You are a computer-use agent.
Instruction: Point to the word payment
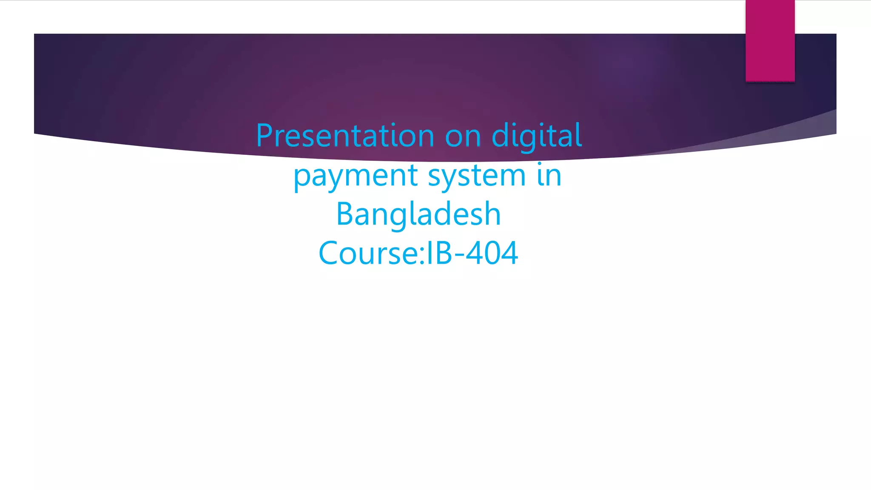[356, 176]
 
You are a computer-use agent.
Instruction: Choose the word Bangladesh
[418, 214]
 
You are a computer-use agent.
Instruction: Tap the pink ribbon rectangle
[770, 40]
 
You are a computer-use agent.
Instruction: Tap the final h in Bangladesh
[492, 214]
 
